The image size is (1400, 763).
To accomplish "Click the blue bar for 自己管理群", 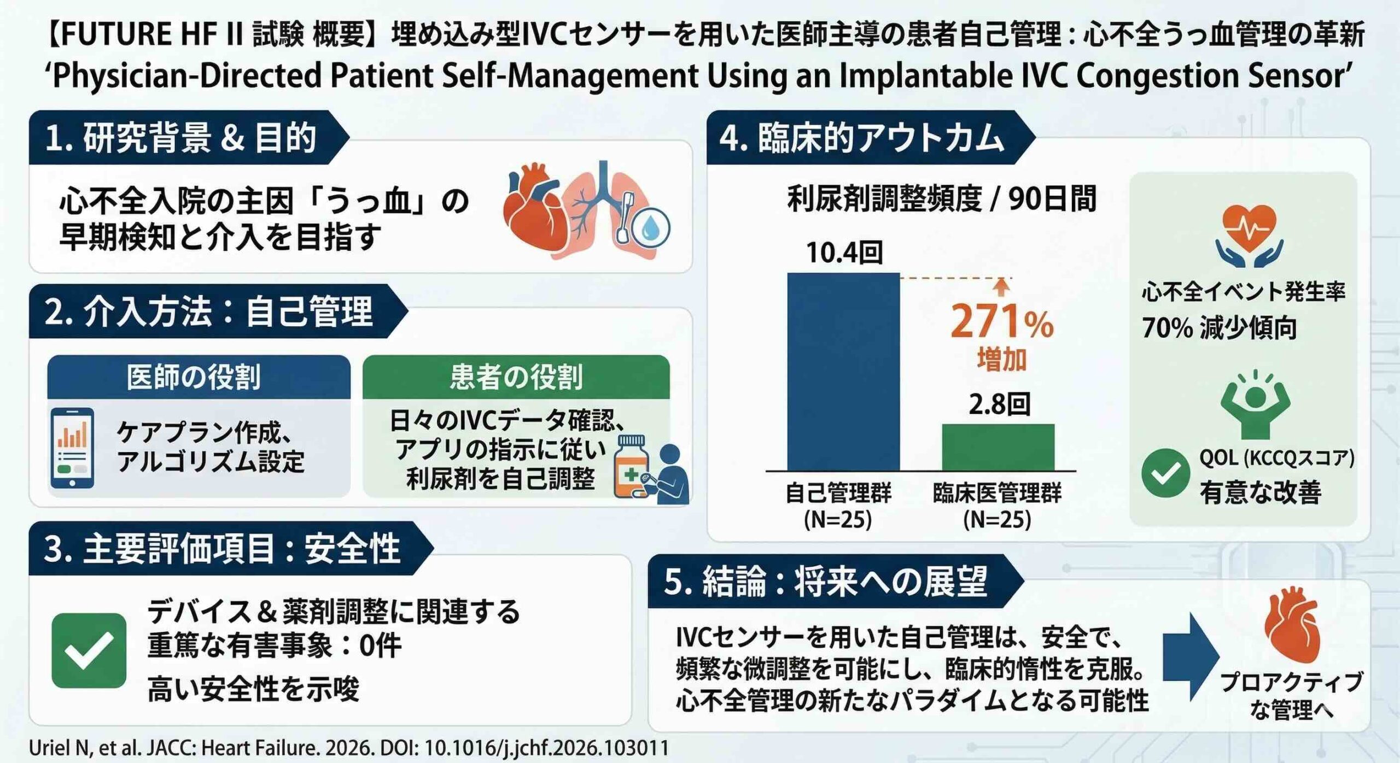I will click(x=843, y=372).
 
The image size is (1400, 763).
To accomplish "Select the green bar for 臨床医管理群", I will click(x=998, y=447).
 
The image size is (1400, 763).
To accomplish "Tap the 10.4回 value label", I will click(x=844, y=253).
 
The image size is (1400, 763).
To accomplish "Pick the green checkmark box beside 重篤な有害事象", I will click(x=89, y=650).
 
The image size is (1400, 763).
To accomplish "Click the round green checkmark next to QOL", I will click(x=1165, y=473).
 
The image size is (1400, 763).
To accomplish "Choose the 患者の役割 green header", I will click(x=516, y=377).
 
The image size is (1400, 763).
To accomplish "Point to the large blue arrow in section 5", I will click(x=1190, y=656).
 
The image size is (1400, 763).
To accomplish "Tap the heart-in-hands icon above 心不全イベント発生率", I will click(x=1250, y=235).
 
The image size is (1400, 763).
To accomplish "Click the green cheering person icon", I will click(x=1255, y=404).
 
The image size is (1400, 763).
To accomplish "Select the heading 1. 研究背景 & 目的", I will click(x=181, y=138).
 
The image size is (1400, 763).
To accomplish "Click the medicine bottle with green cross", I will click(x=632, y=467).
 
